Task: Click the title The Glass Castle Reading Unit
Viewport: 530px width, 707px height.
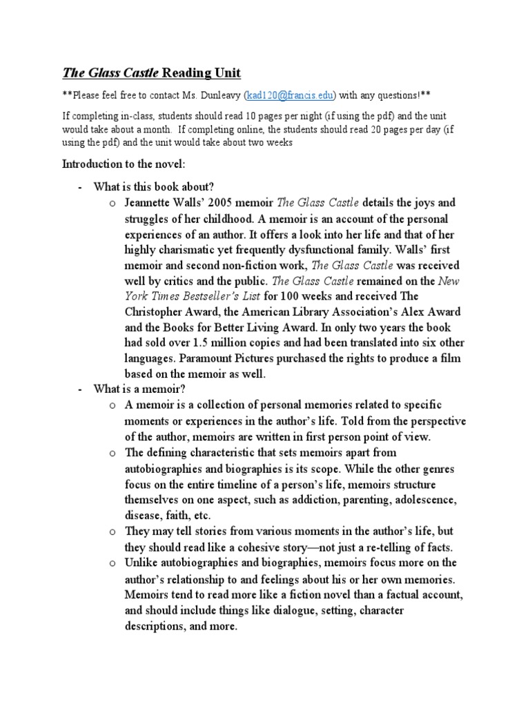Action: [152, 73]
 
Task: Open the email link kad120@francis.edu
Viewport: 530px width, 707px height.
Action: [286, 95]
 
